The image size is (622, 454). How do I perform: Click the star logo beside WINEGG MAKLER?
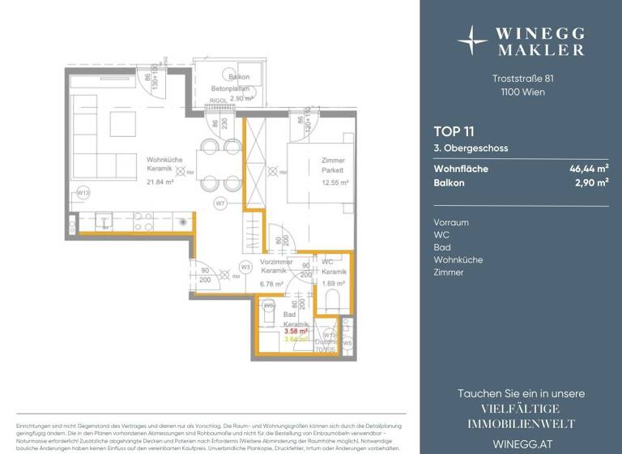(x=472, y=38)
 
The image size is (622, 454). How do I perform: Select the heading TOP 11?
(x=454, y=131)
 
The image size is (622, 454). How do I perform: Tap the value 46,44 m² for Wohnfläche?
(x=589, y=169)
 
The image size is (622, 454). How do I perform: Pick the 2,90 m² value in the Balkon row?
(x=591, y=183)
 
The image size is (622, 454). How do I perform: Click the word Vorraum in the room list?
(x=451, y=222)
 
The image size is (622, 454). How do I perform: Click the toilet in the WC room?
(x=330, y=302)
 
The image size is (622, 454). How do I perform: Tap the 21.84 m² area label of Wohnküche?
(x=160, y=182)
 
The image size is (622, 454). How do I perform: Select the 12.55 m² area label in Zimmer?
(x=334, y=182)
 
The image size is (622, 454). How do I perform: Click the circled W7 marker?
(x=219, y=203)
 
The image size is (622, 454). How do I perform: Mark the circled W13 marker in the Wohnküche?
(x=83, y=193)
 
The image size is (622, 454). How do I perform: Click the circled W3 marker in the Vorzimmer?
(x=246, y=267)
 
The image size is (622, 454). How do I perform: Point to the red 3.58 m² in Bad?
(x=296, y=331)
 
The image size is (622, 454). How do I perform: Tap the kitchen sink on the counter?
(x=104, y=220)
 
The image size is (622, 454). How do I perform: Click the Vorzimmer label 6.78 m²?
(x=271, y=285)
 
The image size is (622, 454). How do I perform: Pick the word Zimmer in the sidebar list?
(x=449, y=272)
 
